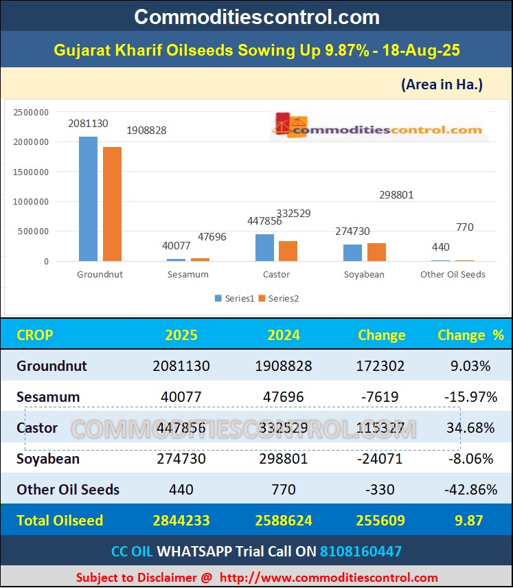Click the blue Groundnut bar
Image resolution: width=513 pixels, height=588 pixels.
[x=88, y=199]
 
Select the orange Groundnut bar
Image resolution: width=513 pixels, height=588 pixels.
[x=112, y=204]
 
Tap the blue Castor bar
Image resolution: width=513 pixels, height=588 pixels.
[x=264, y=248]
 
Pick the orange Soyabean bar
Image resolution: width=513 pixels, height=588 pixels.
[x=376, y=252]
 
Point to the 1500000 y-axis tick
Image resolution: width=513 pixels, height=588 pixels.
[x=32, y=172]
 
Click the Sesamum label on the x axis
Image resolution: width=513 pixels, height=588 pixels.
[x=187, y=274]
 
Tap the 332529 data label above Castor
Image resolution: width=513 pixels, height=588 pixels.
[x=293, y=214]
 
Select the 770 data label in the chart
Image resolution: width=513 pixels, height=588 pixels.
[x=465, y=227]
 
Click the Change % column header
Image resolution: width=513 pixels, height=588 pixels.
[x=470, y=335]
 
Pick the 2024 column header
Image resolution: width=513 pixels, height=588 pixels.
[x=284, y=335]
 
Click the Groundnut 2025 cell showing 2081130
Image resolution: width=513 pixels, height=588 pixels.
[x=181, y=366]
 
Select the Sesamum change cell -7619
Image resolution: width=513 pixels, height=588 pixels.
[x=381, y=397]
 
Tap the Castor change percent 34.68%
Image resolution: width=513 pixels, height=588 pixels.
[x=470, y=428]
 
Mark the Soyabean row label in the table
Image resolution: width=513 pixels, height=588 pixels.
[x=48, y=459]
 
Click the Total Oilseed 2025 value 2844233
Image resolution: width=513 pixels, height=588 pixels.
[x=181, y=521]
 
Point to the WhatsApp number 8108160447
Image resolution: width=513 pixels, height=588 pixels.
[x=361, y=551]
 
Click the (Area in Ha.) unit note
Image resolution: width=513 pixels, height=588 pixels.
[x=442, y=84]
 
